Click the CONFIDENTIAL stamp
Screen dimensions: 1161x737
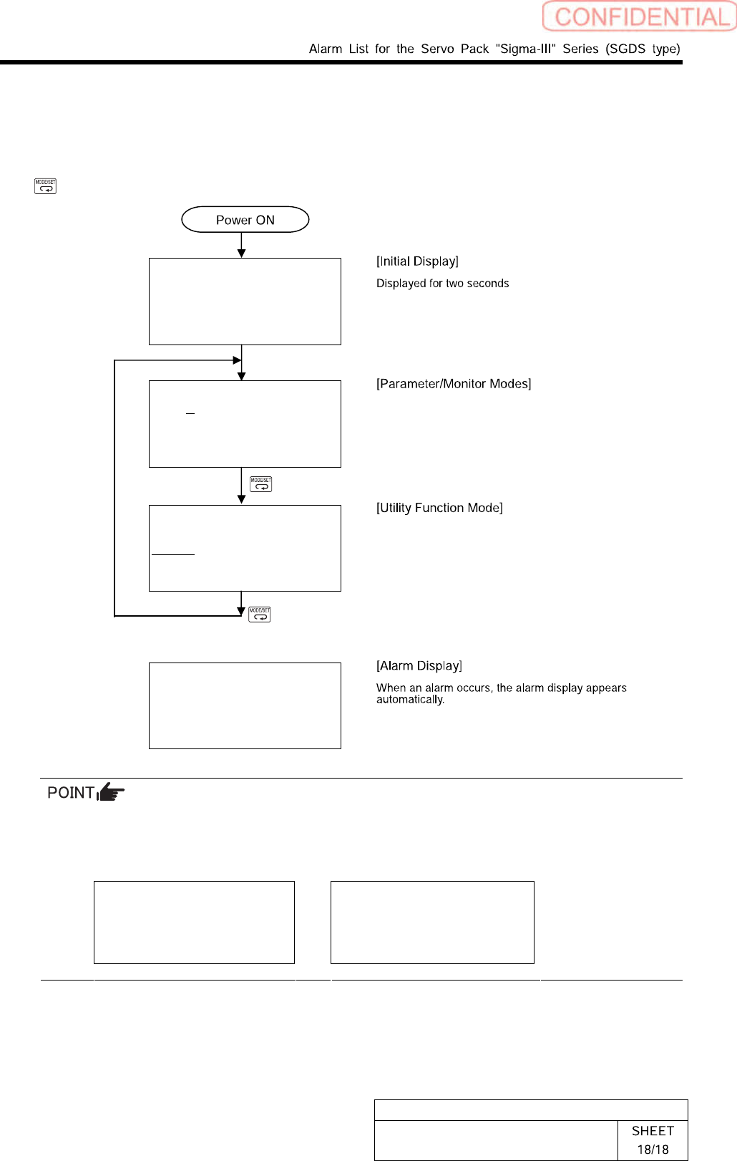click(640, 16)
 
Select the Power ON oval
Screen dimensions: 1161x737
click(245, 220)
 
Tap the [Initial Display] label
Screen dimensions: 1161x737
click(417, 261)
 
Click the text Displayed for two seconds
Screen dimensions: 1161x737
click(442, 284)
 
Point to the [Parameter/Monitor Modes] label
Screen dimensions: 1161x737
click(454, 384)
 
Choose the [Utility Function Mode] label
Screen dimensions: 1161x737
click(439, 508)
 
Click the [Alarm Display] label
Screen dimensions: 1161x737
click(419, 666)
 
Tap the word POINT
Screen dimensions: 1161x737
click(70, 793)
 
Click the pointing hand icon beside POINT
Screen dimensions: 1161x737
click(111, 792)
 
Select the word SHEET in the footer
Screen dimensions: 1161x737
click(653, 1131)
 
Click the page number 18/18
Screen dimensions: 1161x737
click(653, 1150)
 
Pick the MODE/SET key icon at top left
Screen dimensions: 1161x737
click(45, 186)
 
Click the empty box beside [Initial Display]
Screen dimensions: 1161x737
click(245, 302)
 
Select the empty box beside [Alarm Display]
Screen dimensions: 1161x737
click(245, 705)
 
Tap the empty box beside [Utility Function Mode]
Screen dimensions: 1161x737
click(245, 548)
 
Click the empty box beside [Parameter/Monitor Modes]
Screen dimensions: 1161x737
click(245, 424)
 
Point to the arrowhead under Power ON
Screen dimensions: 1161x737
click(242, 253)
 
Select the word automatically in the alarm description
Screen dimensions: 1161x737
click(410, 700)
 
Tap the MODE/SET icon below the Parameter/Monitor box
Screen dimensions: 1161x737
click(261, 484)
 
